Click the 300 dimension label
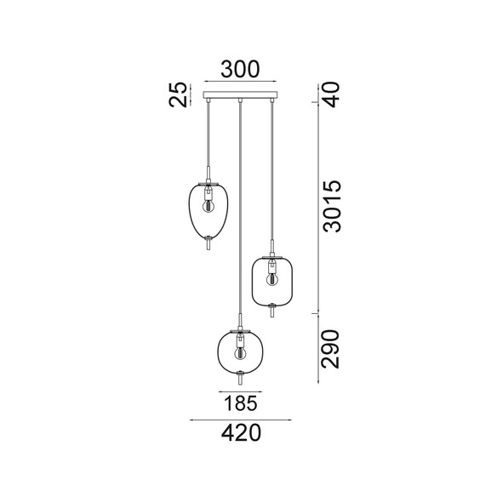[240, 69]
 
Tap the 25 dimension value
[178, 94]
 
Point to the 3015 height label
[332, 206]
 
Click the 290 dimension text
[330, 349]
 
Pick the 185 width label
[241, 403]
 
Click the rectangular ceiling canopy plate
[240, 94]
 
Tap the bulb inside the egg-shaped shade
[209, 206]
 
